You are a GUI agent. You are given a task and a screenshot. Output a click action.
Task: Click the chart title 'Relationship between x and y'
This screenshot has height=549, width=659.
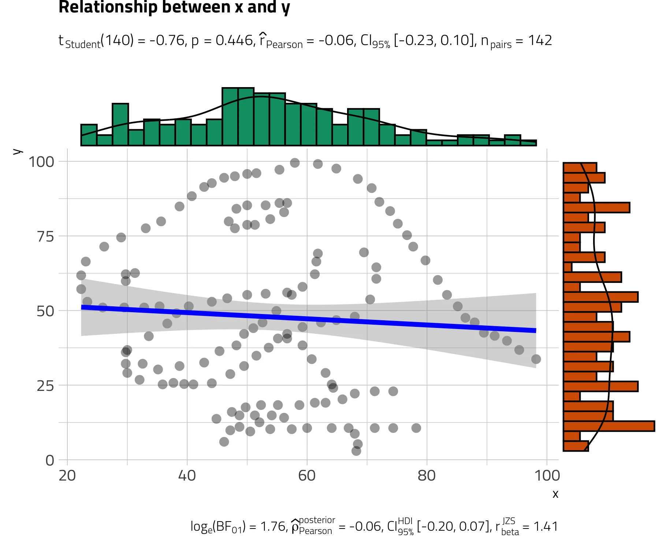[174, 7]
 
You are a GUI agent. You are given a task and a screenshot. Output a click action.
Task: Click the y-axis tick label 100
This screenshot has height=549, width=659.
[41, 162]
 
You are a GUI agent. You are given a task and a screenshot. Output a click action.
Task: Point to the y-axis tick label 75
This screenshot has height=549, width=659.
[45, 236]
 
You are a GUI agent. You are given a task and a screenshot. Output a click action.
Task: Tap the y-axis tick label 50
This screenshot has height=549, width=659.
[45, 311]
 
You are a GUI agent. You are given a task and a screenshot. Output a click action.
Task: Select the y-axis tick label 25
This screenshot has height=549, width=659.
[45, 386]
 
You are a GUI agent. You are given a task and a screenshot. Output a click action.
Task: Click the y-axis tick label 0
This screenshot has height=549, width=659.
[50, 460]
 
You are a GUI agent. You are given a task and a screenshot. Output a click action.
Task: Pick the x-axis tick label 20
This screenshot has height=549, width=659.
[67, 475]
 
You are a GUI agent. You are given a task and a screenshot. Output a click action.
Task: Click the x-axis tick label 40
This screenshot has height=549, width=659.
[187, 475]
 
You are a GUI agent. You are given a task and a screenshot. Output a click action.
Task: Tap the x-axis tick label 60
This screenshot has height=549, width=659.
[307, 475]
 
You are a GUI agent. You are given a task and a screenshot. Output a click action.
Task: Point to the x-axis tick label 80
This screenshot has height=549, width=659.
[427, 475]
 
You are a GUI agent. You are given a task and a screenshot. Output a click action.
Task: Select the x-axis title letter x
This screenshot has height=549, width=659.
[555, 494]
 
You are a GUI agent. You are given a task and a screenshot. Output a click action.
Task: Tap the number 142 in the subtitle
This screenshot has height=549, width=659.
[540, 40]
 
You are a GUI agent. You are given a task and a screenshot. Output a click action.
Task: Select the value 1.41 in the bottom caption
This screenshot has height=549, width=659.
[546, 526]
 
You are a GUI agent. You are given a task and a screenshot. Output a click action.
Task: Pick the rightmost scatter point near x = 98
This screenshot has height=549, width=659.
[536, 359]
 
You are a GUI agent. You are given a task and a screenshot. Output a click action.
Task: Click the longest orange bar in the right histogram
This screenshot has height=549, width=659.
[609, 426]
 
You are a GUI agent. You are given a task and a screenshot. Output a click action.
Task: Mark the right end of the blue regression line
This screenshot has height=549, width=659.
[536, 330]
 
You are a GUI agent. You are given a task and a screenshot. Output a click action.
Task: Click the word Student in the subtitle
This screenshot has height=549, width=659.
[83, 44]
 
